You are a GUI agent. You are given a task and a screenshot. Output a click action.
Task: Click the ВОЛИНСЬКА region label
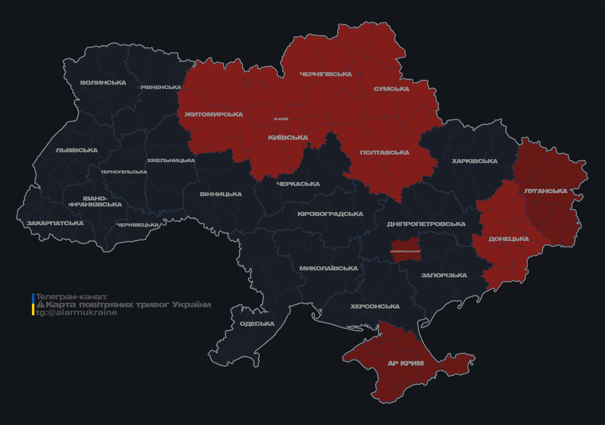pyautogui.click(x=103, y=83)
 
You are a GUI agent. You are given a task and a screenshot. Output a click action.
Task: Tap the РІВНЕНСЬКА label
pyautogui.click(x=161, y=87)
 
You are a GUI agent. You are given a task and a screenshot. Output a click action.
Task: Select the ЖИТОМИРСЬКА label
pyautogui.click(x=214, y=114)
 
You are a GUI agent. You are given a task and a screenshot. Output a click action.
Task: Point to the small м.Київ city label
pyautogui.click(x=281, y=119)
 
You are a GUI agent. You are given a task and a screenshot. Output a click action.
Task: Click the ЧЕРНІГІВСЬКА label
pyautogui.click(x=326, y=74)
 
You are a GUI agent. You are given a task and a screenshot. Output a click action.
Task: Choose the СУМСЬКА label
pyautogui.click(x=391, y=89)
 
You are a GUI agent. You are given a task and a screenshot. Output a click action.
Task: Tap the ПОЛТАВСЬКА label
pyautogui.click(x=385, y=152)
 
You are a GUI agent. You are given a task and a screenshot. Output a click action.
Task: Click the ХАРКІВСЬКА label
pyautogui.click(x=475, y=161)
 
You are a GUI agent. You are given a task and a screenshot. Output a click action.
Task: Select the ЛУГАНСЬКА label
pyautogui.click(x=545, y=191)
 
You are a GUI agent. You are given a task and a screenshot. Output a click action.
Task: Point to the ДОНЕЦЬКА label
pyautogui.click(x=509, y=239)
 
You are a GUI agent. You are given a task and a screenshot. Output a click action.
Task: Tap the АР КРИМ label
pyautogui.click(x=405, y=363)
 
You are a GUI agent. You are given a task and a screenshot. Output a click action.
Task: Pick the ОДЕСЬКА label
pyautogui.click(x=257, y=324)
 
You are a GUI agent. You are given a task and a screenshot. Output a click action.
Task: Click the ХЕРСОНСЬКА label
pyautogui.click(x=375, y=306)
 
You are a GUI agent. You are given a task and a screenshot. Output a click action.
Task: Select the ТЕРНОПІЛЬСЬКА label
pyautogui.click(x=124, y=172)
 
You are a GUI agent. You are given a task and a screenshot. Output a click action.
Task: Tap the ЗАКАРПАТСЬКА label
pyautogui.click(x=55, y=223)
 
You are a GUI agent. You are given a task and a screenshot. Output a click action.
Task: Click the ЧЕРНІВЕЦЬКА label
pyautogui.click(x=138, y=225)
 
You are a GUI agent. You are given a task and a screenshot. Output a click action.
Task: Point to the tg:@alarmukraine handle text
pyautogui.click(x=77, y=313)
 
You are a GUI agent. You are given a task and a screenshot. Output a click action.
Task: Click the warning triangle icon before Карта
pyautogui.click(x=40, y=305)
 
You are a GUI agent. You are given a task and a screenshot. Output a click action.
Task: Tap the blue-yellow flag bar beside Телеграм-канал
pyautogui.click(x=33, y=305)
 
